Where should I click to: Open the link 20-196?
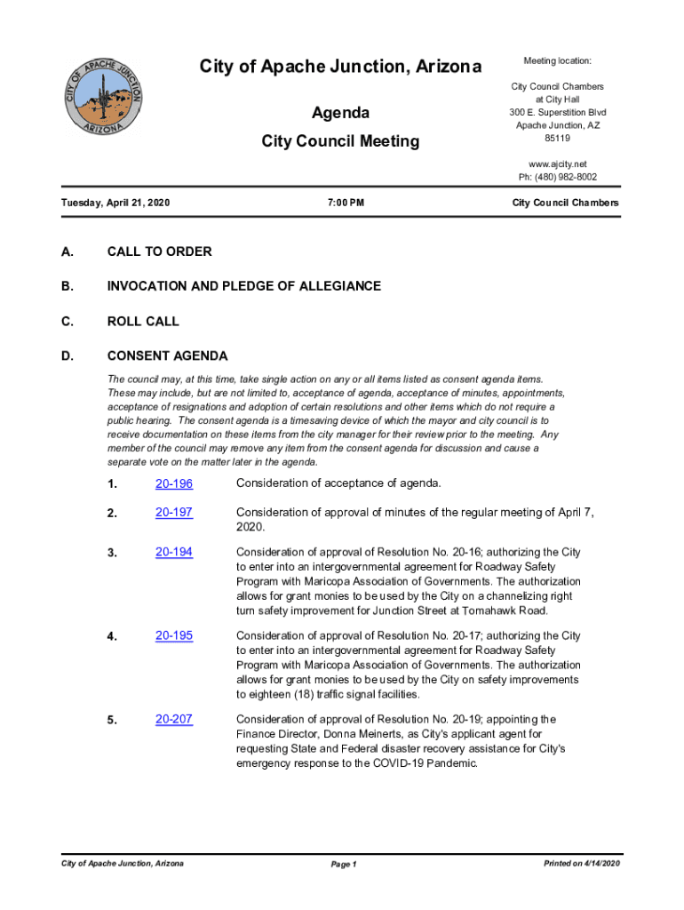pyautogui.click(x=174, y=483)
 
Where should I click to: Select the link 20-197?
pyautogui.click(x=174, y=513)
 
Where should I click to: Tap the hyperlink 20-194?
pyautogui.click(x=174, y=553)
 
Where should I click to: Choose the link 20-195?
pyautogui.click(x=174, y=636)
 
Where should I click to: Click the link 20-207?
pyautogui.click(x=174, y=720)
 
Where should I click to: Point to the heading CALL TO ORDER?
pyautogui.click(x=159, y=251)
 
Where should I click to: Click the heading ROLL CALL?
pyautogui.click(x=142, y=322)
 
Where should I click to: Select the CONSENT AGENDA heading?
pyautogui.click(x=167, y=356)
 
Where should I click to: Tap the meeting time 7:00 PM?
pyautogui.click(x=345, y=204)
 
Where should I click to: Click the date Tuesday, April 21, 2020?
pyautogui.click(x=115, y=204)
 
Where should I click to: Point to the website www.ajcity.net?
pyautogui.click(x=557, y=164)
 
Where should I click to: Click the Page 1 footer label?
pyautogui.click(x=343, y=865)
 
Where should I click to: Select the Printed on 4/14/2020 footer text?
pyautogui.click(x=581, y=864)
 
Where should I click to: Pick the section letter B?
pyautogui.click(x=67, y=286)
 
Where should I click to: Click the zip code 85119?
pyautogui.click(x=557, y=139)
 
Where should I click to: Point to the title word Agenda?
pyautogui.click(x=340, y=114)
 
